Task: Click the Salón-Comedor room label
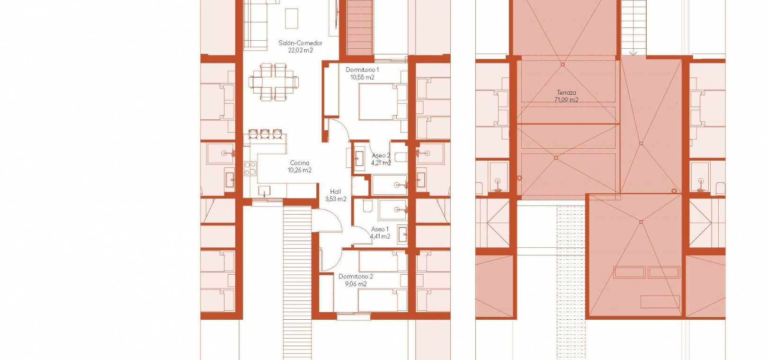click(x=300, y=43)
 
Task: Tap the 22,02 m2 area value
click(x=300, y=50)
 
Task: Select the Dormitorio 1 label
click(x=362, y=70)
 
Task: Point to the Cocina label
click(x=300, y=163)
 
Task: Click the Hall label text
click(x=336, y=192)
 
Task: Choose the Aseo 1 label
click(x=380, y=229)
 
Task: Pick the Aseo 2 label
click(x=381, y=155)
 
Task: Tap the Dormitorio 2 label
click(x=356, y=277)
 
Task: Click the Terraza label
click(x=566, y=92)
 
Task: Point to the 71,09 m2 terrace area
click(x=566, y=100)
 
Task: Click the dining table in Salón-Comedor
click(x=274, y=82)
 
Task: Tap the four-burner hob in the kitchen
click(x=250, y=169)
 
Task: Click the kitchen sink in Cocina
click(x=264, y=190)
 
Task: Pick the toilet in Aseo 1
click(x=368, y=206)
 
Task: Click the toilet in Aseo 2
click(x=401, y=157)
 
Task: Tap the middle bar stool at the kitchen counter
click(x=264, y=134)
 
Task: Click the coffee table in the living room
click(x=291, y=18)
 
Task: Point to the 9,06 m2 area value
click(x=356, y=284)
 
